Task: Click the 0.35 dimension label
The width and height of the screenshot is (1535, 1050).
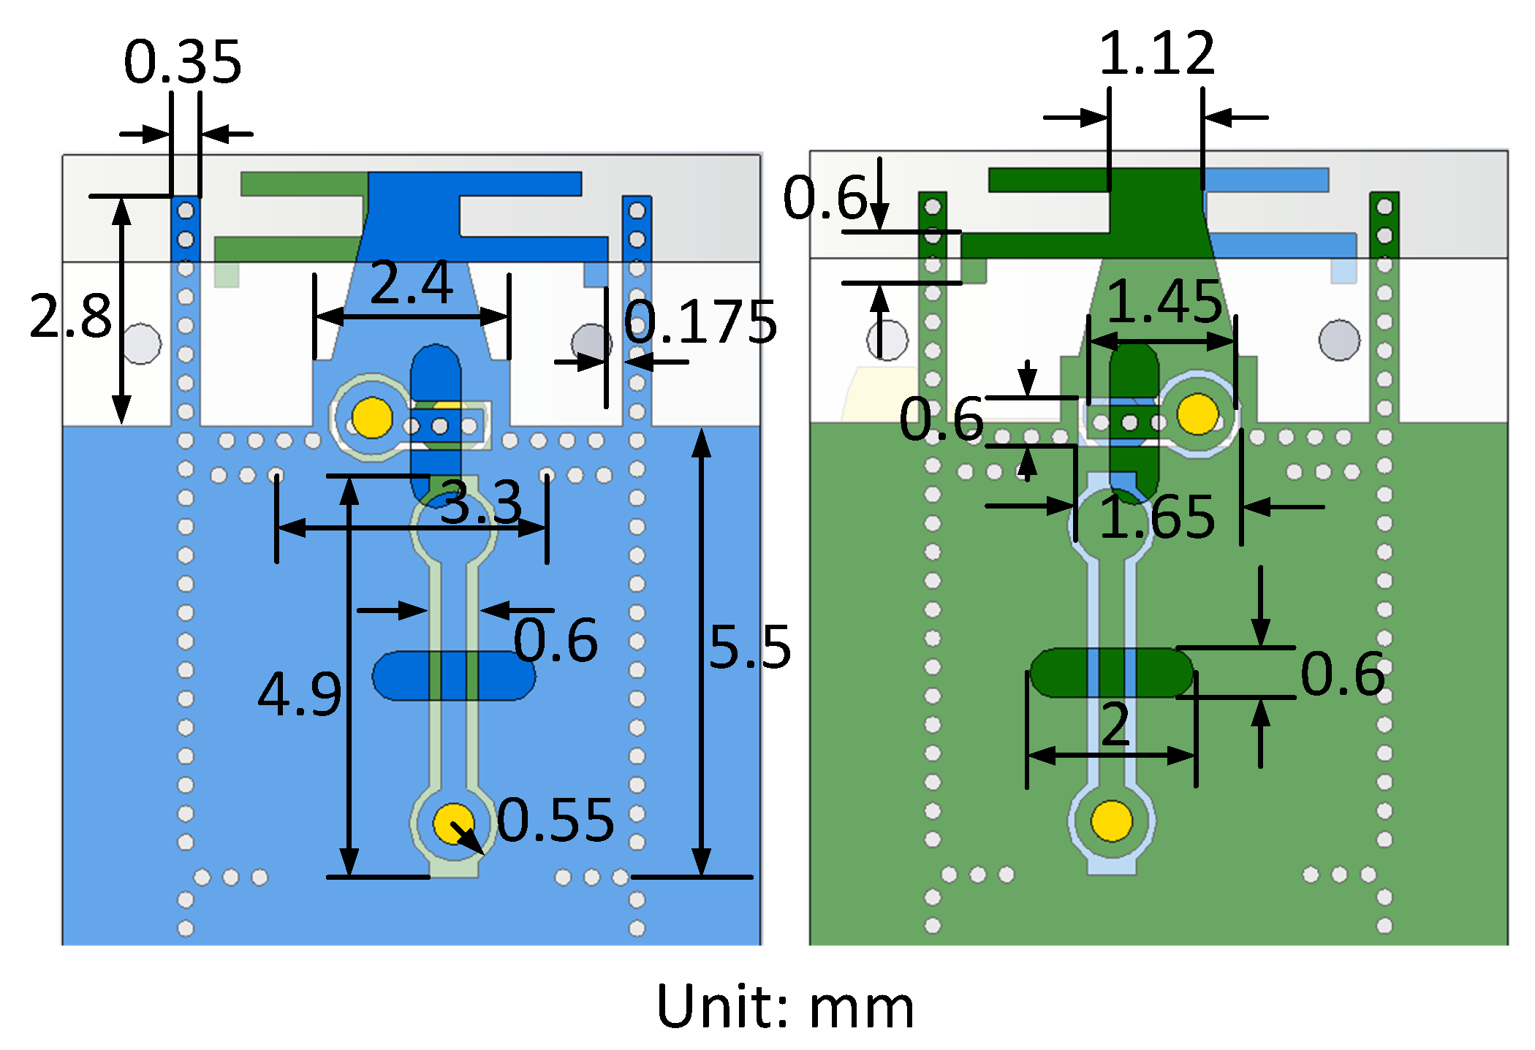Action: pos(183,62)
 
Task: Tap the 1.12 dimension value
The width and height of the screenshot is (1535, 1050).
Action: pos(1157,53)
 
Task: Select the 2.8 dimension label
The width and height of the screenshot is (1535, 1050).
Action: pos(71,316)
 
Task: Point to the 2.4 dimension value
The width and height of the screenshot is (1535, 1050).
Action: pos(412,284)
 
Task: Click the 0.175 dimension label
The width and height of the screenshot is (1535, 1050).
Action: pos(700,322)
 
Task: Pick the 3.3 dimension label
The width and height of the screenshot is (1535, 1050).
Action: pos(482,503)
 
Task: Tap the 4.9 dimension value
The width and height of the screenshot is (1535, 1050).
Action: pos(300,693)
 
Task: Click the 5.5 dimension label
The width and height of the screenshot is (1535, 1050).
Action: pos(750,647)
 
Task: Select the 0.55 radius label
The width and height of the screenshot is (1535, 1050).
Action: pos(556,820)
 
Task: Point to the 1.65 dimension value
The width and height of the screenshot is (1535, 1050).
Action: pos(1157,517)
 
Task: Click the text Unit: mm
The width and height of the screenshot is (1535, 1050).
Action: pos(785,1007)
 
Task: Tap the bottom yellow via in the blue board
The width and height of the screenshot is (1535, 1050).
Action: pos(453,823)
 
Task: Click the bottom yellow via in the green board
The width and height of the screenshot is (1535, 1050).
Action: pos(1112,821)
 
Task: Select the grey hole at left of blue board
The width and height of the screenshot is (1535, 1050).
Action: pos(141,343)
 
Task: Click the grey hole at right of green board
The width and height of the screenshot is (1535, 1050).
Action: pos(1339,341)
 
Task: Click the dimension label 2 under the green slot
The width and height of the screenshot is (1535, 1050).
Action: pos(1115,725)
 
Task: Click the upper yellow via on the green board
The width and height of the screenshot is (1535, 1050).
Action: pos(1197,414)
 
